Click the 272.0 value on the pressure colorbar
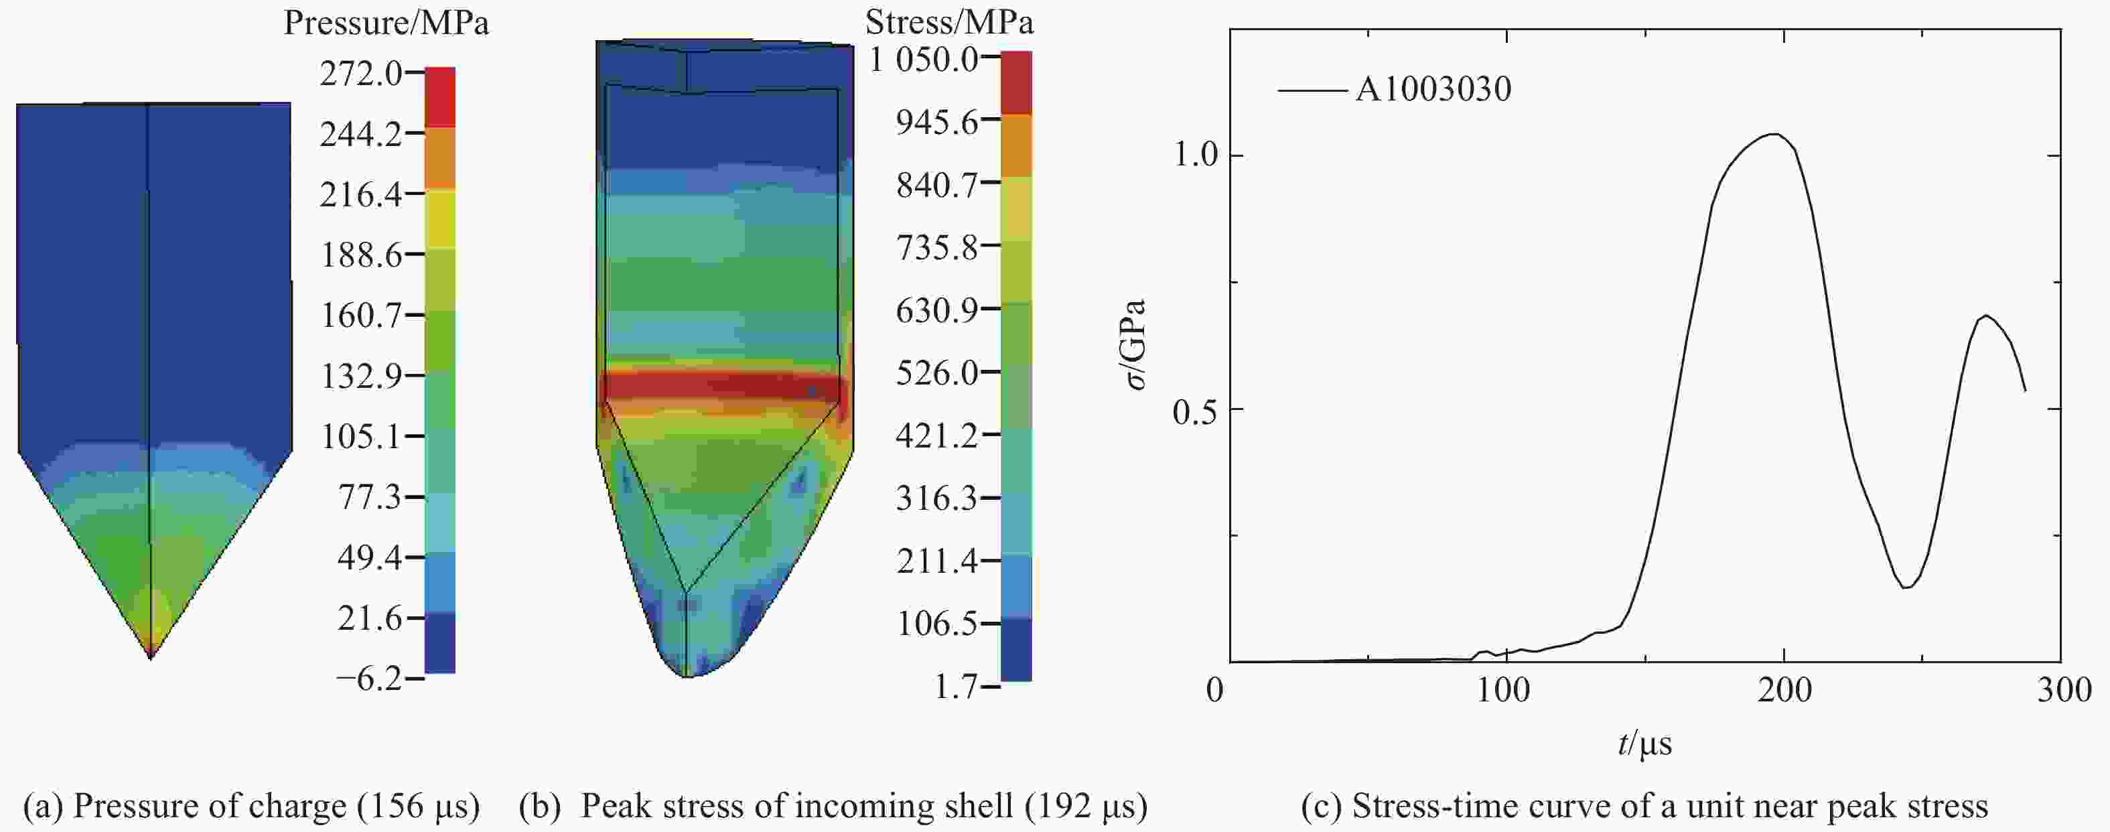[x=360, y=74]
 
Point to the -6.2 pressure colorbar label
[x=369, y=678]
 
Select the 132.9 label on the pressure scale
[x=360, y=376]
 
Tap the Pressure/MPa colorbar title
[x=386, y=23]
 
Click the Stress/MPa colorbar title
[x=948, y=22]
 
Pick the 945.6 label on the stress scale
[x=936, y=121]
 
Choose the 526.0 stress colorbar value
[x=936, y=372]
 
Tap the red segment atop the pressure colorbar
[x=440, y=96]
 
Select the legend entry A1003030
[x=1432, y=89]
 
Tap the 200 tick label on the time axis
[x=1783, y=691]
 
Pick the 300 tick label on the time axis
[x=2063, y=691]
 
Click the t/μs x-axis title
[x=1644, y=744]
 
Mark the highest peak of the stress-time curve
[x=1774, y=133]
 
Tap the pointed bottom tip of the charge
[x=151, y=656]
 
